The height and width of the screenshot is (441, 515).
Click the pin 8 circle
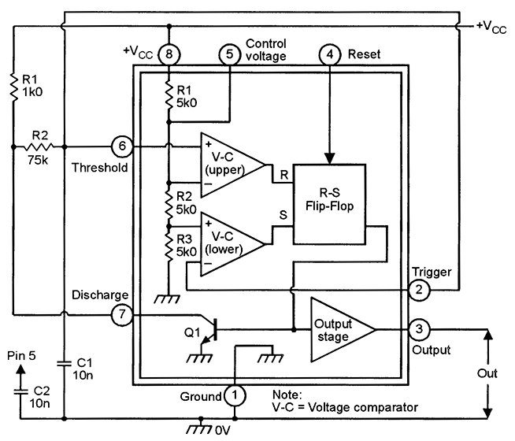point(169,54)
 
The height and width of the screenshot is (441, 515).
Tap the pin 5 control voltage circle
point(229,54)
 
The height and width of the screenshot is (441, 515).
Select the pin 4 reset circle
point(329,54)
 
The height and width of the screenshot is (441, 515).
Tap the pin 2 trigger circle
point(419,290)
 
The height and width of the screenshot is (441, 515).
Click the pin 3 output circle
point(419,329)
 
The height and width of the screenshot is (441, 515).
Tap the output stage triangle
point(339,329)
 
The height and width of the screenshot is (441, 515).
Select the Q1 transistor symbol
point(206,331)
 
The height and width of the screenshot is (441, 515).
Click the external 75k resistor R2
point(38,146)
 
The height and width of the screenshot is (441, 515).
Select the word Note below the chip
point(287,393)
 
